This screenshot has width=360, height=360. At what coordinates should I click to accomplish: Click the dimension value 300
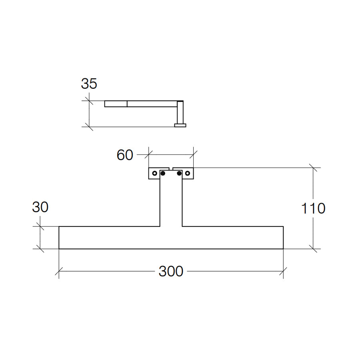tap(171, 272)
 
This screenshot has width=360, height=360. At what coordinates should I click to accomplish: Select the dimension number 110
tap(313, 208)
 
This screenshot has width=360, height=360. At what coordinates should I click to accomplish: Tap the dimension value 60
tap(125, 155)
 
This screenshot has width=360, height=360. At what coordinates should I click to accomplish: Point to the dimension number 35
tap(89, 84)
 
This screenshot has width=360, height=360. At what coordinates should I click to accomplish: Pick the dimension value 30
tap(40, 207)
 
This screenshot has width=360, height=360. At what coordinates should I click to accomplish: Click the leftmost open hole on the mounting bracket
tap(155, 174)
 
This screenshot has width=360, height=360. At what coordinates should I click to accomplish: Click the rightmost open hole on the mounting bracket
tap(187, 174)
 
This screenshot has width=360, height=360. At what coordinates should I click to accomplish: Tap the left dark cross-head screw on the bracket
tap(163, 173)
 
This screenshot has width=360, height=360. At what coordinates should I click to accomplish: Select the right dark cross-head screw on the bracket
tap(179, 173)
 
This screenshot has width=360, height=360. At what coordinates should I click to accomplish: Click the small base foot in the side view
tap(180, 125)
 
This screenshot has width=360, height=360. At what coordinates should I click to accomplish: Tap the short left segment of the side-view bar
tap(116, 104)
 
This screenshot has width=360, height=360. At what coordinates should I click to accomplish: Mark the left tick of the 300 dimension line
tap(59, 272)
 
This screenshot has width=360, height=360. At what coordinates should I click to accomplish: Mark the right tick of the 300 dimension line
tap(283, 272)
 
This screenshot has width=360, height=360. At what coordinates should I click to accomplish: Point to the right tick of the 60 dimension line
tap(194, 152)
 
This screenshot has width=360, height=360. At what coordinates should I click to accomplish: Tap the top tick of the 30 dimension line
tap(40, 226)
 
